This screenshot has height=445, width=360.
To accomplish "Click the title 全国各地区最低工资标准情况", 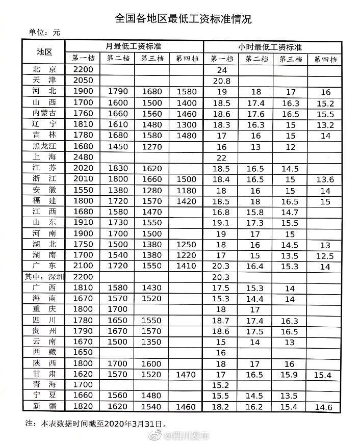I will (183, 19).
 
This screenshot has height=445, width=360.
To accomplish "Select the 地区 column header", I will (44, 52).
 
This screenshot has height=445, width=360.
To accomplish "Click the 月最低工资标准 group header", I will (134, 45).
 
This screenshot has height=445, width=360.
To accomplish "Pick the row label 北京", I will (44, 69).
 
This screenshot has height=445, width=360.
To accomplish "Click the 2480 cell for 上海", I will (84, 157).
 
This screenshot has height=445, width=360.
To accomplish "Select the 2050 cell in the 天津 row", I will (84, 81).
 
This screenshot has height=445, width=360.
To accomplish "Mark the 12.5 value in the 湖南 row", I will (325, 255).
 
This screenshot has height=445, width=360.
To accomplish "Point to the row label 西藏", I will (44, 352).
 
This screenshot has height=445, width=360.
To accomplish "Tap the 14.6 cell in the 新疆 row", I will (325, 407).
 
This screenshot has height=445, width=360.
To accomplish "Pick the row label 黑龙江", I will (44, 146).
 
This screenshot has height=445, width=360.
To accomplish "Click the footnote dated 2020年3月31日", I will (97, 423).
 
